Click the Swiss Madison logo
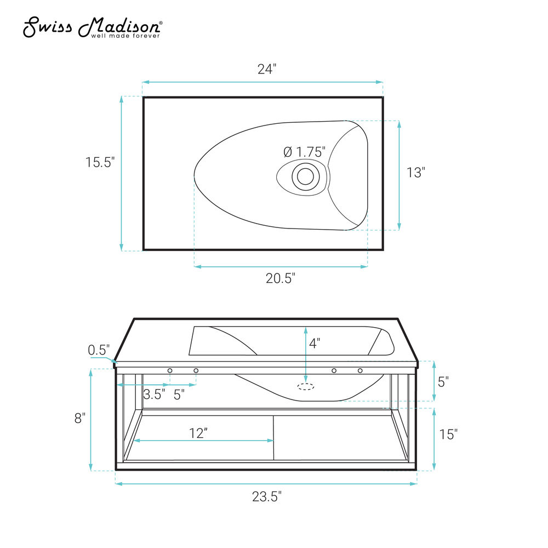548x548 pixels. tap(93, 27)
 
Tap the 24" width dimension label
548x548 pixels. tap(267, 69)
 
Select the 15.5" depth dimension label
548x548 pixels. tap(100, 162)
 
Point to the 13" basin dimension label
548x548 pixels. tap(415, 172)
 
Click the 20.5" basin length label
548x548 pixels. tap(280, 278)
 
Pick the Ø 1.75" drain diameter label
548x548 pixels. tap(304, 152)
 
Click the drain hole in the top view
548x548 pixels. tap(305, 176)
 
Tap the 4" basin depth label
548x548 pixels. tap(315, 343)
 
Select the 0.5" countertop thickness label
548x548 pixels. tap(99, 350)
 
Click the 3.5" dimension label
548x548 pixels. tap(154, 394)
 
